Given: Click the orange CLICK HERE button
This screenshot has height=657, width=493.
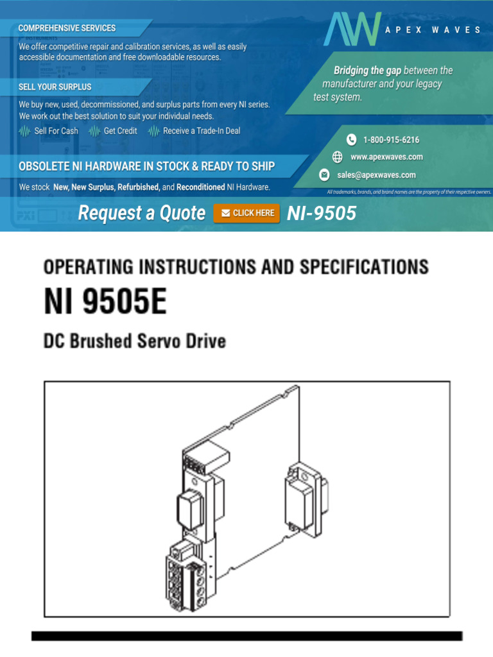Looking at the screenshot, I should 246,213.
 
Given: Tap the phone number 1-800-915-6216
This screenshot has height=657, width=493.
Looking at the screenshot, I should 391,140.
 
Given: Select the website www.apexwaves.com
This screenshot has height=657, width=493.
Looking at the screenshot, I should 386,157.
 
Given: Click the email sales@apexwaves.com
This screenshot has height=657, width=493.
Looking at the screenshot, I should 376,175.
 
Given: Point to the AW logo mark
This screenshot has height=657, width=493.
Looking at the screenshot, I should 352,30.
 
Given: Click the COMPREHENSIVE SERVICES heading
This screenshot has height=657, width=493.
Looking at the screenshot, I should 67,28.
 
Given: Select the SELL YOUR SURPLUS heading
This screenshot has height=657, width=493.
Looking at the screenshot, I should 55,87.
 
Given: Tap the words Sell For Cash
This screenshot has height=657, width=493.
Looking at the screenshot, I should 56,131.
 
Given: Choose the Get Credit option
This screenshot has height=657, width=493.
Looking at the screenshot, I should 120,131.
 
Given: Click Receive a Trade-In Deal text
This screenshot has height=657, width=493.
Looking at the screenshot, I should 202,131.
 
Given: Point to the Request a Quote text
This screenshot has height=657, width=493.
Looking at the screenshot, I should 141,213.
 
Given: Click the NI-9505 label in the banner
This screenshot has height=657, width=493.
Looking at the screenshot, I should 322,213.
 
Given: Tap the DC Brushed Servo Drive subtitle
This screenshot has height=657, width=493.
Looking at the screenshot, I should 135,341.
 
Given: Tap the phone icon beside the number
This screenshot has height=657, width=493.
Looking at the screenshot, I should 352,140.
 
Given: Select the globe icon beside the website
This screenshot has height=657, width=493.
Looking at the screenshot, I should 338,157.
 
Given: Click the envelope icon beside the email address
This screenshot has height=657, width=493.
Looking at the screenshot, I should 325,175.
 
